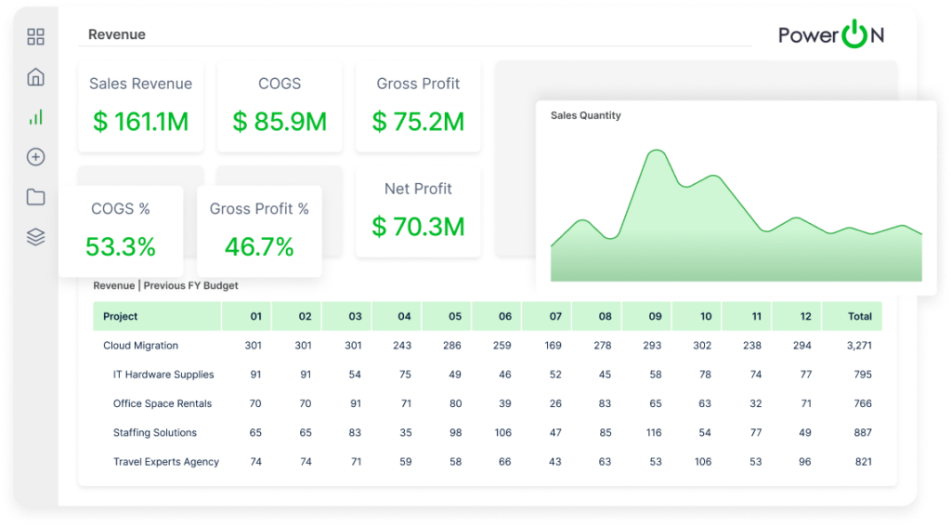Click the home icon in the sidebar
click(x=35, y=77)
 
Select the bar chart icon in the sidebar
click(x=35, y=117)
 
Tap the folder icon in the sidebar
click(x=35, y=197)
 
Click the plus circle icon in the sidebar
click(x=35, y=157)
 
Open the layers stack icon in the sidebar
click(x=35, y=237)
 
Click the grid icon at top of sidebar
click(x=35, y=37)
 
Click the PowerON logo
click(x=830, y=35)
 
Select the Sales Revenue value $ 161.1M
click(x=140, y=122)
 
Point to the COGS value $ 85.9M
click(x=280, y=122)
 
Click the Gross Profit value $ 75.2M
click(x=418, y=122)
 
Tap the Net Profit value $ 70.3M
click(x=418, y=226)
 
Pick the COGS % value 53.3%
click(x=121, y=247)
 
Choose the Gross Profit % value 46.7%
click(x=259, y=247)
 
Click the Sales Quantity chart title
click(x=585, y=116)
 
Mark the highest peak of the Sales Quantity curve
click(x=656, y=151)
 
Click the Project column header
click(x=121, y=316)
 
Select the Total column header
click(x=859, y=316)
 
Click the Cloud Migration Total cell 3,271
click(x=859, y=346)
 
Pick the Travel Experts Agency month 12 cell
click(x=804, y=462)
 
